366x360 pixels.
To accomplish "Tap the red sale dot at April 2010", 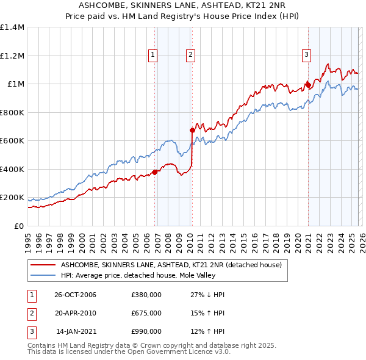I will [192, 130].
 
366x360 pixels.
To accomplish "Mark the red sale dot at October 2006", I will [154, 172].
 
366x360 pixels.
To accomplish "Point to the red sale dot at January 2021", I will [308, 85].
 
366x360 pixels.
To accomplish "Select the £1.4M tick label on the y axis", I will [12, 27].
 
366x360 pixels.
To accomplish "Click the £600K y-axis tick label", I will [12, 141].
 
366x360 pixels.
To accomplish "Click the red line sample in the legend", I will [43, 265].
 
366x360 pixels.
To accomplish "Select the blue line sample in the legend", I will [43, 275].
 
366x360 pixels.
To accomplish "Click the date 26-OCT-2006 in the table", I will [75, 295].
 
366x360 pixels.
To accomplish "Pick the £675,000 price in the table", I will [146, 313].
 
